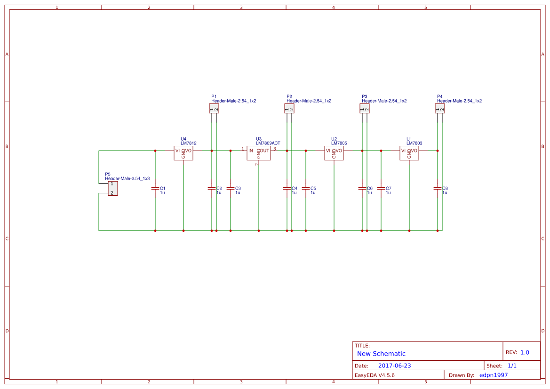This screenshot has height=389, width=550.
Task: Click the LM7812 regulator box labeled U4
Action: (x=183, y=153)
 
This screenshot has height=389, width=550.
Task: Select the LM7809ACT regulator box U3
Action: (x=259, y=153)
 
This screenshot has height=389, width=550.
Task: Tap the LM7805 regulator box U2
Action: (x=334, y=153)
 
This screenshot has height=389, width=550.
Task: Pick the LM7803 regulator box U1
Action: (x=409, y=153)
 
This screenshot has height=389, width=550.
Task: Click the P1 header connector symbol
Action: (x=214, y=109)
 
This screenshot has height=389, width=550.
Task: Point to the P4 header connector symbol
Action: (x=440, y=109)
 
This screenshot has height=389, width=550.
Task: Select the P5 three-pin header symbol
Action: (x=113, y=188)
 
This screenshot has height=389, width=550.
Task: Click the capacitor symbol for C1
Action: (x=155, y=188)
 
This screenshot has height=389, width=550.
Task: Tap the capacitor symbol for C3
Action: (x=231, y=188)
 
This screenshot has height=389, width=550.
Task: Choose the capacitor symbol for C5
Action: (x=306, y=188)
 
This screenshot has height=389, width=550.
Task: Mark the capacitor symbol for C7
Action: (x=381, y=188)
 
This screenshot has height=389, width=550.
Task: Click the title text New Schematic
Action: (x=381, y=354)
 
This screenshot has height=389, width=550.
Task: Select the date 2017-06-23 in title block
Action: (x=394, y=365)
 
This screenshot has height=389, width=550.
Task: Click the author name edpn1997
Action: (x=494, y=375)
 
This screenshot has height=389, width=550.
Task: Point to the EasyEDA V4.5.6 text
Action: (x=375, y=375)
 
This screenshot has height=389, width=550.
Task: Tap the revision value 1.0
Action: (x=525, y=352)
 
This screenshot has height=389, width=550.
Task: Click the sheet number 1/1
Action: (x=512, y=365)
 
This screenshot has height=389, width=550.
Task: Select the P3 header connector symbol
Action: (x=365, y=109)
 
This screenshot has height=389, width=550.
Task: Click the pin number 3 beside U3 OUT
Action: (x=275, y=149)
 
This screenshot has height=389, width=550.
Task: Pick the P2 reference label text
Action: (x=289, y=96)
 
